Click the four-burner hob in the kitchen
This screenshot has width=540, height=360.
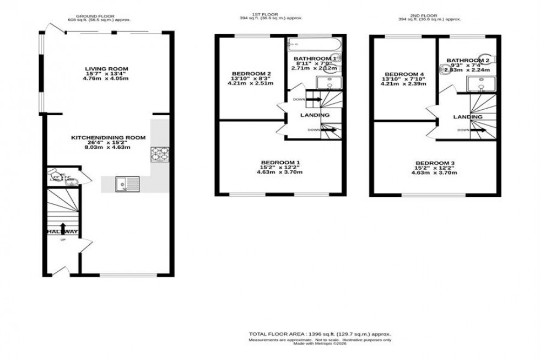(159, 154)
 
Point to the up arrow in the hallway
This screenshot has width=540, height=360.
(62, 228)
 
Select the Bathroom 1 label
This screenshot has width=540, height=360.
(315, 58)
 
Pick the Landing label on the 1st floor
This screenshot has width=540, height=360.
(315, 115)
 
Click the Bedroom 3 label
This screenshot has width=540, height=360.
(435, 163)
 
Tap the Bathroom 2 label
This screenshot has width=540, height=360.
(468, 60)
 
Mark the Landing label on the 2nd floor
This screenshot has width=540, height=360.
(468, 117)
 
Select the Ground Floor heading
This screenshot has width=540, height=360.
(95, 17)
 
